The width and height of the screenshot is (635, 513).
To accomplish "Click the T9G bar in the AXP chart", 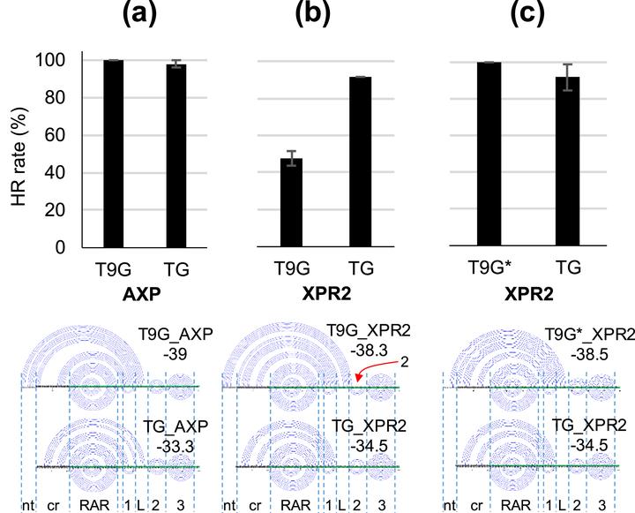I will coord(113,154).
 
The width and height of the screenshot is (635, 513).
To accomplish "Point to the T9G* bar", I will coord(489,155).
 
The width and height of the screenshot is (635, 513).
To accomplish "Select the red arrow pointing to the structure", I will coord(372,370).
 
